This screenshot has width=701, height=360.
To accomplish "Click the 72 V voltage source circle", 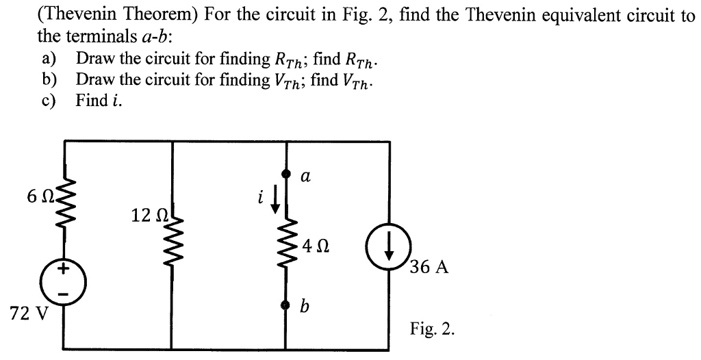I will (x=65, y=281).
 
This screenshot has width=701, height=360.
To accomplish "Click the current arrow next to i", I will (x=275, y=200).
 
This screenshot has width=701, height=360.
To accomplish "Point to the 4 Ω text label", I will (x=316, y=246).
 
